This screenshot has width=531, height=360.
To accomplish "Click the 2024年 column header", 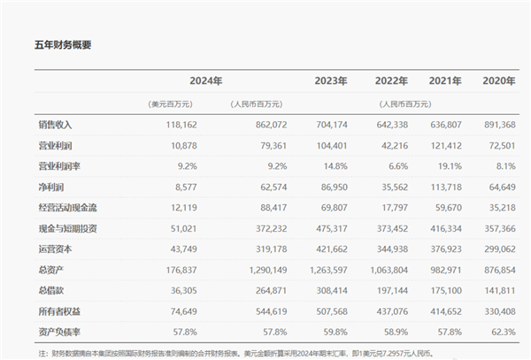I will pos(207,81).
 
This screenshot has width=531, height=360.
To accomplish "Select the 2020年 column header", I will pos(498,81).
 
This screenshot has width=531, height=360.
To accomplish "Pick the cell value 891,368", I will pos(496,126).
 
